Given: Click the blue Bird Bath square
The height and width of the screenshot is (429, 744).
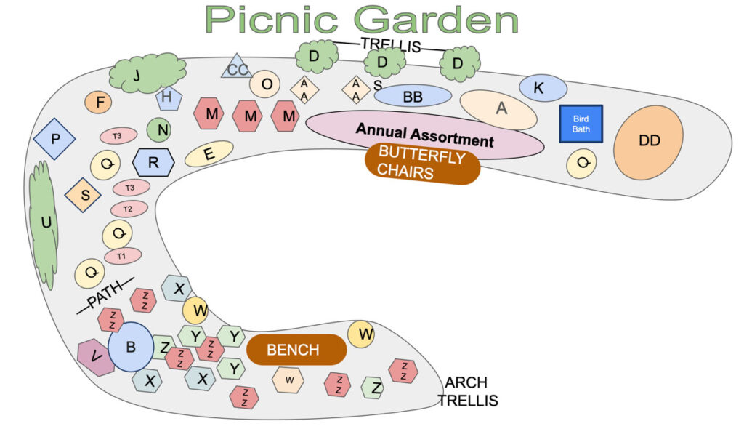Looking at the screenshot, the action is tap(581, 124).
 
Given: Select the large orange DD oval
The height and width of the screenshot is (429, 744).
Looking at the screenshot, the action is tap(648, 141).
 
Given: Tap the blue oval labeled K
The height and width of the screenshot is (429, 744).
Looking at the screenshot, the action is tap(543, 88).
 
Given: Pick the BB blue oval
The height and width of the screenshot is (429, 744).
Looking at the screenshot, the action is tap(413, 96).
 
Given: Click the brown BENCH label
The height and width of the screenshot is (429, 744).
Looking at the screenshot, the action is tap(296, 350).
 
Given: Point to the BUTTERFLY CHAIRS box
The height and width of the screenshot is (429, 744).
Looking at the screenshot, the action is tap(422, 163).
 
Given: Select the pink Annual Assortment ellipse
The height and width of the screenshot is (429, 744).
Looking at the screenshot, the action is tap(424, 135).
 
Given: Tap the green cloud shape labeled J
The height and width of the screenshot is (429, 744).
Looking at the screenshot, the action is tap(147, 73).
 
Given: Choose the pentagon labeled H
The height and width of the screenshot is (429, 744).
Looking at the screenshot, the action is tap(169, 98).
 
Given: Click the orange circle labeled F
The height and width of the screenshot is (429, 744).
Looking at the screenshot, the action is tap(98, 102).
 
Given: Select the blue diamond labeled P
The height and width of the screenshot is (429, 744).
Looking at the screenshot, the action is tap(54, 139).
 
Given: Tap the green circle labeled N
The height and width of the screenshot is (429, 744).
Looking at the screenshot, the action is tap(159, 129).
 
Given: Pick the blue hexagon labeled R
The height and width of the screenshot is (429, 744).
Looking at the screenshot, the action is tap(153, 162).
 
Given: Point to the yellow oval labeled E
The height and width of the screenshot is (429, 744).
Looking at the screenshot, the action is tap(209, 153).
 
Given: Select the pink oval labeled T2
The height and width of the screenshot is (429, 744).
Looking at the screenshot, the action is tap(129, 209).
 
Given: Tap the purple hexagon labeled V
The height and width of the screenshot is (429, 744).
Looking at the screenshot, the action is tap(95, 357).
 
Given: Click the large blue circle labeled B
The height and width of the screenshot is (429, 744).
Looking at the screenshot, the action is tap(131, 347).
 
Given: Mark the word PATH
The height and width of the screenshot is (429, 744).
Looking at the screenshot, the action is tap(105, 295).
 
